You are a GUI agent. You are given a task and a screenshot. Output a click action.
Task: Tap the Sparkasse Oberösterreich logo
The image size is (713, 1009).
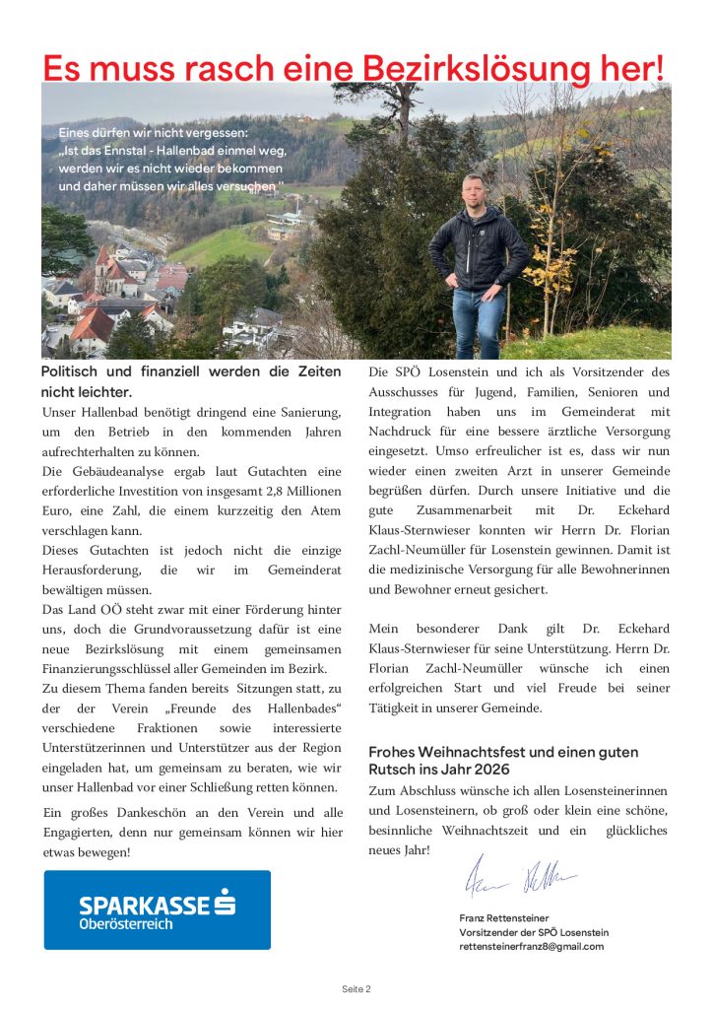pos(158,909)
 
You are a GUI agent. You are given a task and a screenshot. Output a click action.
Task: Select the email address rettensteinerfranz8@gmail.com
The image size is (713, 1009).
pos(531,946)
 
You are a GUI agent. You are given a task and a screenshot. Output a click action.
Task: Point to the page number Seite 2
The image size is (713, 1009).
pos(356,988)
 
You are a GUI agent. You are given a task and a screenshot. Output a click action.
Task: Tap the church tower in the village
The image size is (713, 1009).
pos(102,263)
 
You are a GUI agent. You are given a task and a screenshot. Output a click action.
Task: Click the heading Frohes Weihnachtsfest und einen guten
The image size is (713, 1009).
pos(503,752)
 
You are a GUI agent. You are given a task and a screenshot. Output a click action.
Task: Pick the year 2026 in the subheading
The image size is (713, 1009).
pos(491,770)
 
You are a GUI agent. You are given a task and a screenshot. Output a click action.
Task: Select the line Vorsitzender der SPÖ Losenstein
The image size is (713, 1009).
pos(534,932)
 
